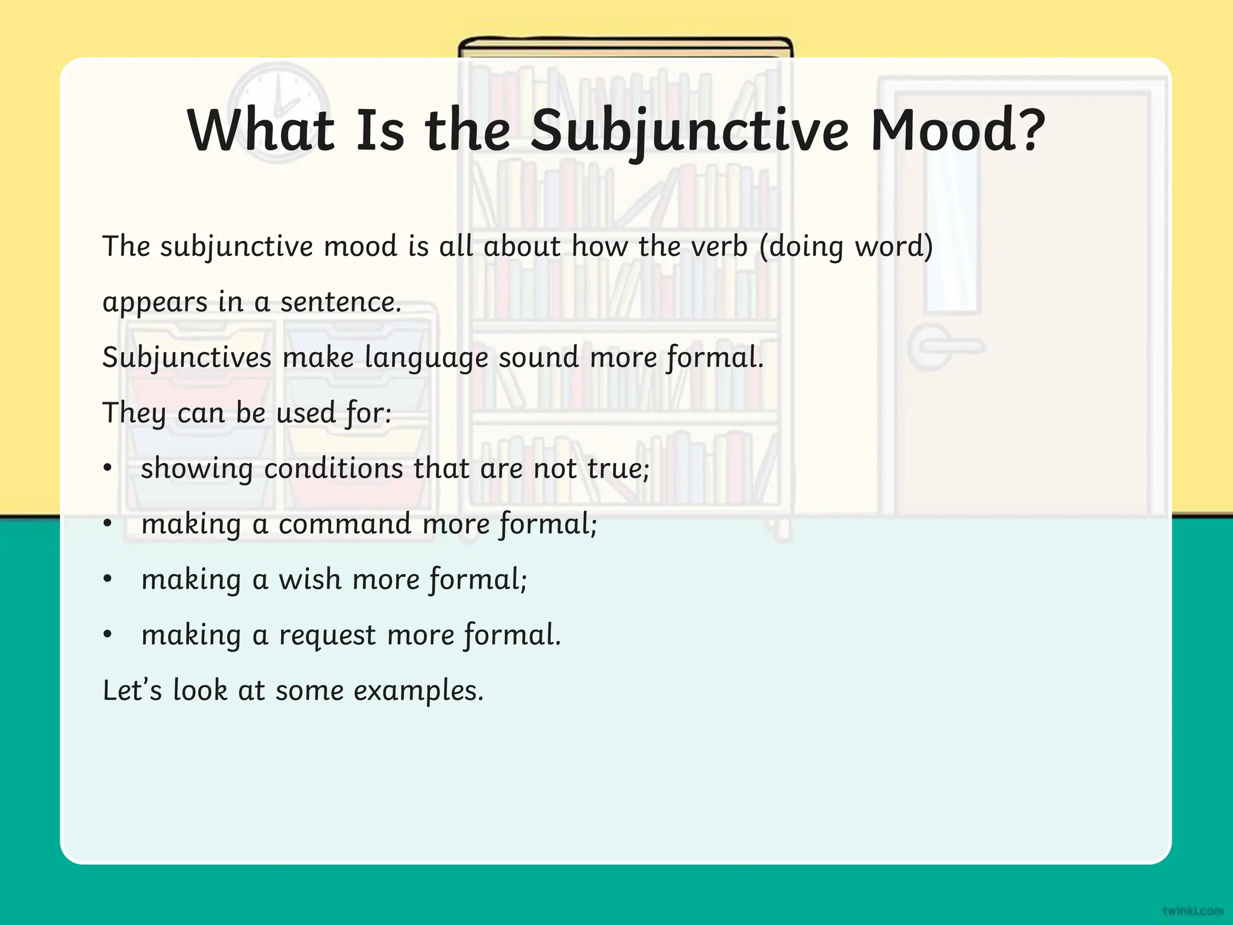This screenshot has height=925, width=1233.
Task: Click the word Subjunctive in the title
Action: click(689, 131)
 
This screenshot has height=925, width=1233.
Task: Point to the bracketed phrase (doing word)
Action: click(846, 246)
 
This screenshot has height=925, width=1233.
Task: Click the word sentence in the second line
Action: click(340, 302)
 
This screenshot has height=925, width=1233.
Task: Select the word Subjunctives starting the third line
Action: click(187, 358)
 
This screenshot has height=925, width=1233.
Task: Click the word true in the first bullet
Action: click(618, 469)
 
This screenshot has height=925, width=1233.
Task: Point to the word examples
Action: click(418, 690)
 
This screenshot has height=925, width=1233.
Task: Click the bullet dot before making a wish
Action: click(108, 579)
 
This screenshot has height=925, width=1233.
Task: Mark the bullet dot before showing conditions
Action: click(108, 469)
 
